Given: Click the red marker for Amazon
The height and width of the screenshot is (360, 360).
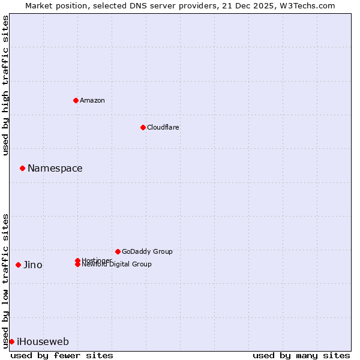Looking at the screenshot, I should coord(76,100).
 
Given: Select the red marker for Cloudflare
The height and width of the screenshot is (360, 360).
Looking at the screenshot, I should coord(143,127).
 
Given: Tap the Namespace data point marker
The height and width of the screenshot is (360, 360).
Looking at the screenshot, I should coord(22,168).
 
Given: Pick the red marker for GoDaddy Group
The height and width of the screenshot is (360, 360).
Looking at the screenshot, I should coord(118,251).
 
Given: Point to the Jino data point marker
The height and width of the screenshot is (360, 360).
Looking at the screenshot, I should coord(18,265).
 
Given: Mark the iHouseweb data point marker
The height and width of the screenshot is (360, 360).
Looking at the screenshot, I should coord(11,341).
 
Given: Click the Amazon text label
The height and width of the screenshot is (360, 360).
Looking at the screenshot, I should coord(92,100).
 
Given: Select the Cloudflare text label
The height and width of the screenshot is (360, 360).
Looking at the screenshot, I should coord(163,127).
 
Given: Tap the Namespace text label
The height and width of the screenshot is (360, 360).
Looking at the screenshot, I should coord(55,168).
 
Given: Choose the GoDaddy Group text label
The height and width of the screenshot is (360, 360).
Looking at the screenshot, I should coord(147,251).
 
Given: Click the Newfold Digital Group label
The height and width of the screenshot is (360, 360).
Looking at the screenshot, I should coord(117,265).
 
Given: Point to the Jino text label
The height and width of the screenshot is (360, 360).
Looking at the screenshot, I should coord(33,265).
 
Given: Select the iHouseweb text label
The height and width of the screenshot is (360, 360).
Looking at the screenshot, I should coord(43,342).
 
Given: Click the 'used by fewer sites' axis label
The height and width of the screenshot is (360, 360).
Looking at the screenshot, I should coord(62,355).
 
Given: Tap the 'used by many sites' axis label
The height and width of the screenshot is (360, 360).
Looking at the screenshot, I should coord(301,355).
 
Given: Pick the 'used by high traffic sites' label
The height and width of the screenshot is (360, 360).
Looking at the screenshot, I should coord(5,85).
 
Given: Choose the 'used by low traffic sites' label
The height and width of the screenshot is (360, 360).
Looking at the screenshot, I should coord(5,280).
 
